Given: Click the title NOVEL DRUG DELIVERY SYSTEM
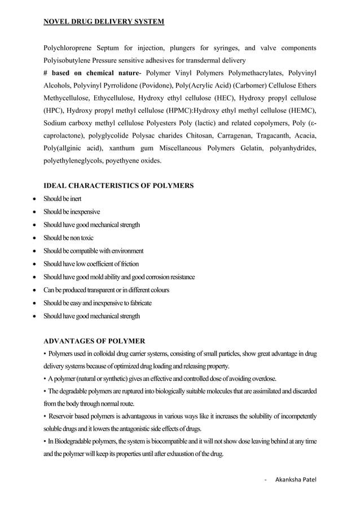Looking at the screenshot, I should click(104, 22).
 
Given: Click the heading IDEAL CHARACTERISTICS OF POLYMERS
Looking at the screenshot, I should click(118, 186).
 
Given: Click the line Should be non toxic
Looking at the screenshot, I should click(69, 238).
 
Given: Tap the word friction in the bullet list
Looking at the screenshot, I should click(129, 264).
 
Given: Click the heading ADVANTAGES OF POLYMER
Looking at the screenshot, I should click(94, 341).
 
